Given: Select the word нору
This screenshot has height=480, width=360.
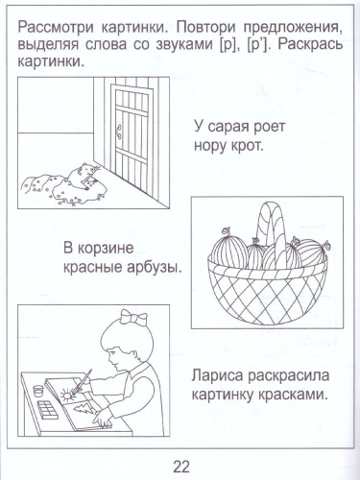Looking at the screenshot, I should pos(218,147).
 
